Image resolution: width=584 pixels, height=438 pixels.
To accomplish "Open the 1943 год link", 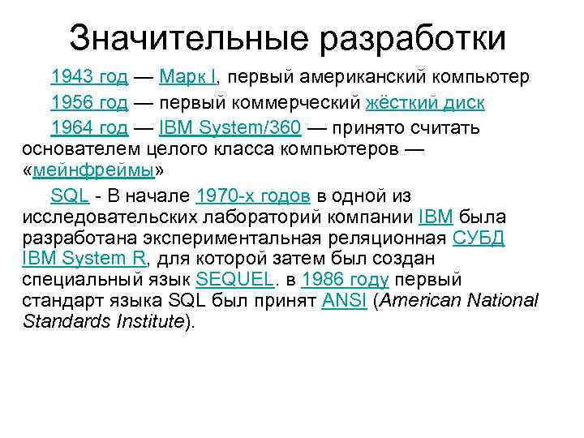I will (x=89, y=77).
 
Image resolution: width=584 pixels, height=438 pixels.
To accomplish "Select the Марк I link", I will (x=188, y=77).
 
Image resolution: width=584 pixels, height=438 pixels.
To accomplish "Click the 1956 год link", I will (x=89, y=102).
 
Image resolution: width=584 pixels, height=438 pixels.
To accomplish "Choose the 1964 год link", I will (x=89, y=127).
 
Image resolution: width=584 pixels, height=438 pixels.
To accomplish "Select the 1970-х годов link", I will (x=253, y=196).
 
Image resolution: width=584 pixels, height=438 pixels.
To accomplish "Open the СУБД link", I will (x=479, y=238).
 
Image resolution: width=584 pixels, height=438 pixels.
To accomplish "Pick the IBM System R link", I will (x=84, y=260).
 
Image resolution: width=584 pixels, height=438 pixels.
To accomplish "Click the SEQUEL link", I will (x=235, y=281).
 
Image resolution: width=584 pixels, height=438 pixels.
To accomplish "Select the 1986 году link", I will (x=345, y=281).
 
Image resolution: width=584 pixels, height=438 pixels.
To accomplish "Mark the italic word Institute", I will (x=146, y=322).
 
